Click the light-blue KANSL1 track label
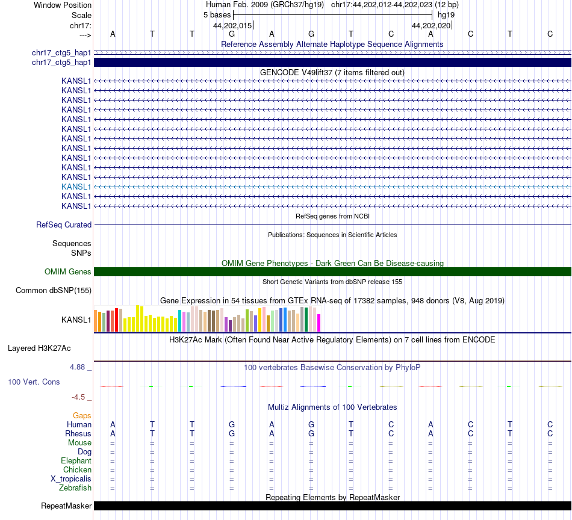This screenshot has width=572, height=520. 76,187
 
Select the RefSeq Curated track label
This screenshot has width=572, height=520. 64,224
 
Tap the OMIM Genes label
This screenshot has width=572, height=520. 68,271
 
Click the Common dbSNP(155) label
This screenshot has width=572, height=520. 54,291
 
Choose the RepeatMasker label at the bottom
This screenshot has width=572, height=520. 66,506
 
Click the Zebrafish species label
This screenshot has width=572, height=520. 76,488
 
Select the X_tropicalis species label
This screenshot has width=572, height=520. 71,479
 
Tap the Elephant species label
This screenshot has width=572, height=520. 76,461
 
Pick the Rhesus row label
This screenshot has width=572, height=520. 78,434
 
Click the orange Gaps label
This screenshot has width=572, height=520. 82,416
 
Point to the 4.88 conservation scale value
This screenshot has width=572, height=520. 81,367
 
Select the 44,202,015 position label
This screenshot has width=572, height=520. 232,26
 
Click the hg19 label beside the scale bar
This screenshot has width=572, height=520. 446,14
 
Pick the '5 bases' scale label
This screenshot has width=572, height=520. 217,14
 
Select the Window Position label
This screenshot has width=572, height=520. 63,5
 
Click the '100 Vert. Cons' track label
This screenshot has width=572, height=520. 34,382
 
